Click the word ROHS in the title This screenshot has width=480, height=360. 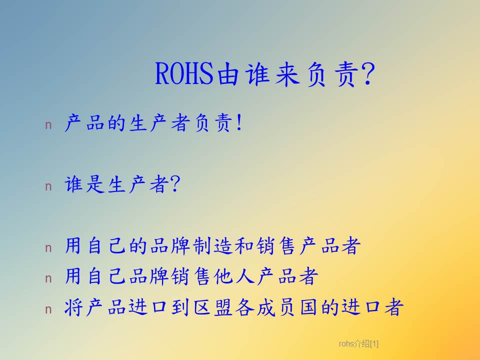click(x=184, y=73)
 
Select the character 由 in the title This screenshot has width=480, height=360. click(x=228, y=74)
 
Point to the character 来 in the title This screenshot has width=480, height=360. click(x=287, y=74)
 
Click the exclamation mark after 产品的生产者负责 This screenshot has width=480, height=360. click(x=239, y=122)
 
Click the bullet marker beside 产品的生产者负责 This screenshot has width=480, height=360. click(x=48, y=125)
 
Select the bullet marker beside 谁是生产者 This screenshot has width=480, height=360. click(x=48, y=186)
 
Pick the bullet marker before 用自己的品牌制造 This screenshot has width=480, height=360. click(x=48, y=248)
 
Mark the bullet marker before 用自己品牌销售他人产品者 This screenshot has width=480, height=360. click(x=48, y=278)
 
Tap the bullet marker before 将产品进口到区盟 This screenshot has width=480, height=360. click(x=48, y=309)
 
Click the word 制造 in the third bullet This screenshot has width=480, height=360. click(x=213, y=245)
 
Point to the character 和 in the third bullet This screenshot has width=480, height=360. click(x=244, y=246)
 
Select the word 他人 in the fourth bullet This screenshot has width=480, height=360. click(x=234, y=276)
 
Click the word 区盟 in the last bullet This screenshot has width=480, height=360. click(x=213, y=307)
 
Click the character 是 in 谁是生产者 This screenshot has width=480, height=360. click(x=95, y=184)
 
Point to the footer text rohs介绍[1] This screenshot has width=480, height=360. click(x=358, y=344)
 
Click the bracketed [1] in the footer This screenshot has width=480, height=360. click(x=374, y=344)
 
